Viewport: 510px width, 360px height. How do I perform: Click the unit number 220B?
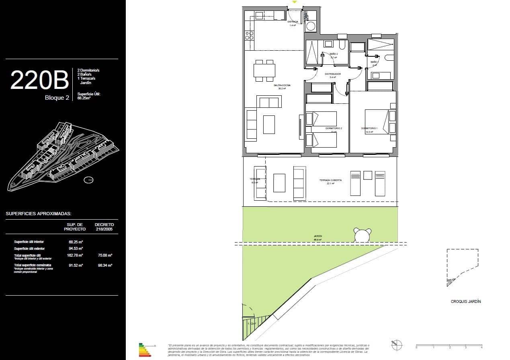click(39, 80)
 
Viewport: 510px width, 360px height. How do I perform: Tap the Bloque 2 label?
click(57, 98)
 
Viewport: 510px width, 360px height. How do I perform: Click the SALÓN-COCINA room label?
click(282, 85)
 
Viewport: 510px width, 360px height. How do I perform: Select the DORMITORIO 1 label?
click(369, 129)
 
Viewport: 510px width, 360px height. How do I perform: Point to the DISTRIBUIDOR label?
click(333, 74)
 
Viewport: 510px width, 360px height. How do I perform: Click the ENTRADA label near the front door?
click(293, 22)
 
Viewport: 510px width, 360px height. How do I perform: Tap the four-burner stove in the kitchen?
click(250, 35)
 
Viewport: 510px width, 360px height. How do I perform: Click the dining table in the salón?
click(264, 70)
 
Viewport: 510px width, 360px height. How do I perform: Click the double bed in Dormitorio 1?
click(380, 121)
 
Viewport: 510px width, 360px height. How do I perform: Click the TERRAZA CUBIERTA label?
click(330, 180)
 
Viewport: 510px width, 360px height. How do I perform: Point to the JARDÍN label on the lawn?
click(318, 237)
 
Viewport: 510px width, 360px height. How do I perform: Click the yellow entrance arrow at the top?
click(295, 2)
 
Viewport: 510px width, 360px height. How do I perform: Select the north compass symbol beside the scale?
click(397, 345)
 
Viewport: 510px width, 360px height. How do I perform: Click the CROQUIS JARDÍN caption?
click(465, 301)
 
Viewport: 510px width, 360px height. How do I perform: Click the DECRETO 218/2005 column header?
click(104, 226)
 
